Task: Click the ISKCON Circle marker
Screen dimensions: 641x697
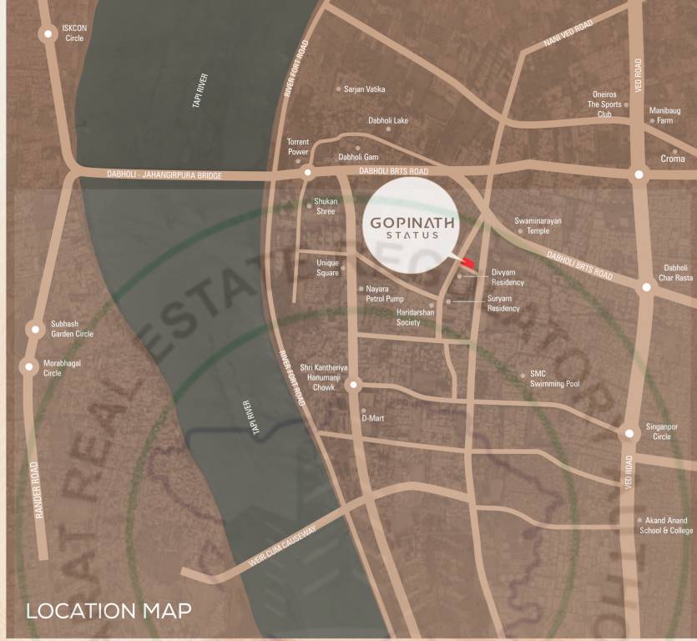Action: [48, 33]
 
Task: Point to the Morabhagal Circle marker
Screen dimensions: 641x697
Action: [29, 366]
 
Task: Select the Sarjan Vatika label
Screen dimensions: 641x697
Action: [364, 89]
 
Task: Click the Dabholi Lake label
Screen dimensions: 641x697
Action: [388, 121]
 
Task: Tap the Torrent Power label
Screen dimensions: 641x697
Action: [298, 147]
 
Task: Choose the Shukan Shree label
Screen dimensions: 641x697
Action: [325, 206]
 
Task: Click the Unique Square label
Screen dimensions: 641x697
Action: [327, 268]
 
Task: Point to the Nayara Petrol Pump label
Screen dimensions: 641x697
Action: [384, 294]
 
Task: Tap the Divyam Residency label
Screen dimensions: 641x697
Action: [508, 277]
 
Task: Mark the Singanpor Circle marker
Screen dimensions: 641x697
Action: [629, 434]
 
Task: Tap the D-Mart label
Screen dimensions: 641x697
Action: [372, 418]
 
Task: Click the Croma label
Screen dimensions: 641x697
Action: [673, 159]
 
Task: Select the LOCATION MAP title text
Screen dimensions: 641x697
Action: [109, 611]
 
